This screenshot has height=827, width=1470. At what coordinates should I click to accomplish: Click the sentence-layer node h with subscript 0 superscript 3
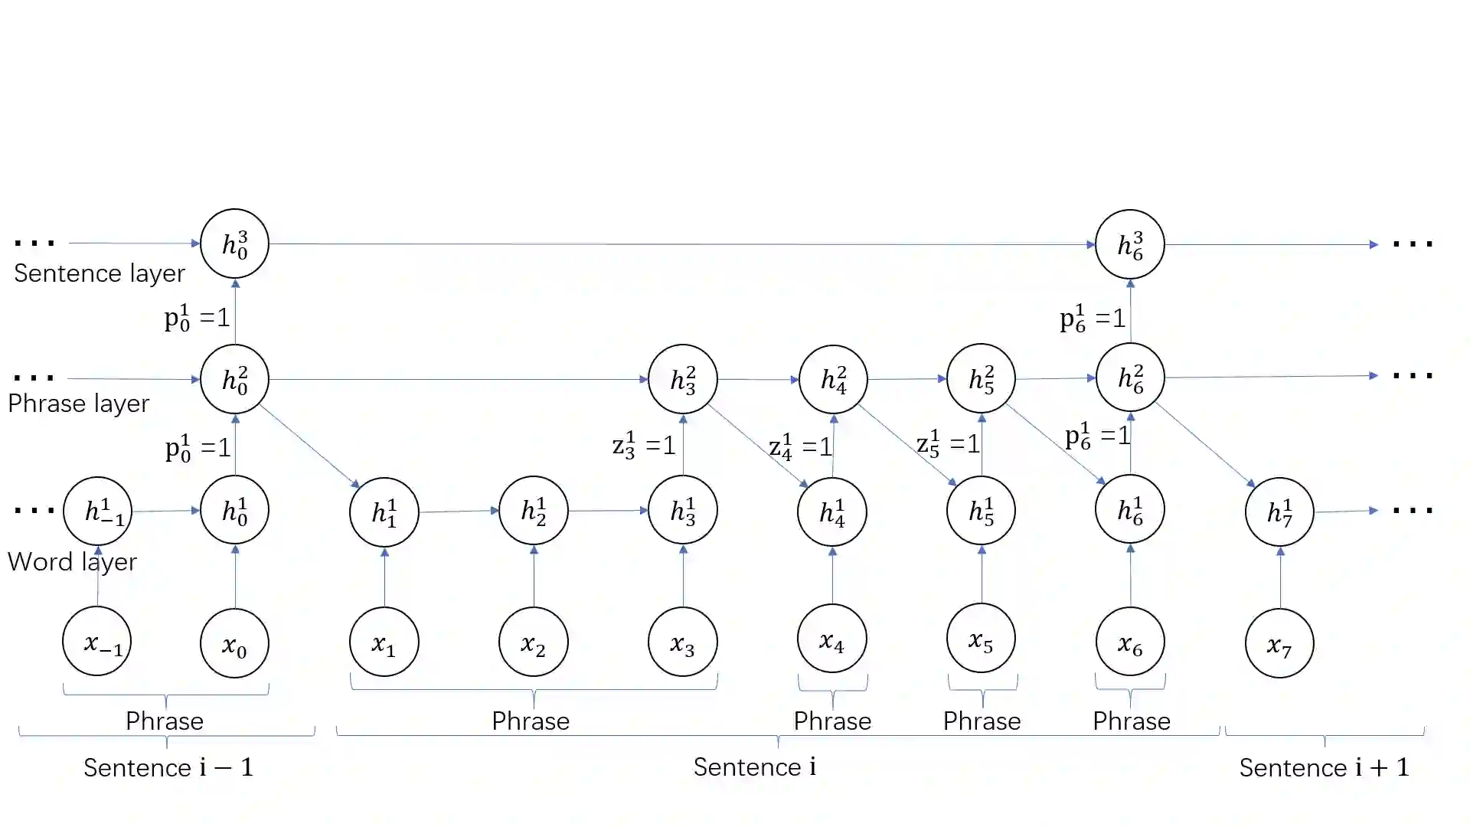[234, 244]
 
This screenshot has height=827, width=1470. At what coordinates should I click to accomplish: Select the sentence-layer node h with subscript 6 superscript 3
[1129, 244]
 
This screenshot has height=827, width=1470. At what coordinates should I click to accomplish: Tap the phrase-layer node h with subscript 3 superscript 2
[682, 379]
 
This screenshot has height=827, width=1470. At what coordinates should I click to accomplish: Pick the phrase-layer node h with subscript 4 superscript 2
[833, 379]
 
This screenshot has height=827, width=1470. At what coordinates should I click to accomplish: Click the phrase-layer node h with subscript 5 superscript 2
[981, 378]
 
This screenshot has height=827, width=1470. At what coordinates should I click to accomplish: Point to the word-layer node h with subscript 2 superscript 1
[533, 510]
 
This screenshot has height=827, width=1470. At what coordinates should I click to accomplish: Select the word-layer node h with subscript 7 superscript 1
[1279, 512]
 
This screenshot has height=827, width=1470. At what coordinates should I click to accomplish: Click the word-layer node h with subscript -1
[97, 512]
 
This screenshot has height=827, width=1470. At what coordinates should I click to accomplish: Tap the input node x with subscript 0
[234, 644]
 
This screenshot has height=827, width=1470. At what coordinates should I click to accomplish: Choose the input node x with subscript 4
[831, 639]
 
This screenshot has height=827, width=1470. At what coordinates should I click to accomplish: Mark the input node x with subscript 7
[1279, 644]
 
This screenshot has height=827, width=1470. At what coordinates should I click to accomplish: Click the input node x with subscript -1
[97, 642]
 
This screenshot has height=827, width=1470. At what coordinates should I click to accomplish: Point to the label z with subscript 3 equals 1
[644, 444]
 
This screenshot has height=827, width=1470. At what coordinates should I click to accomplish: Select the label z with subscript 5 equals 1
[948, 443]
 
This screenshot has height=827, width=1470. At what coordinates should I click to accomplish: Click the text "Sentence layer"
[100, 273]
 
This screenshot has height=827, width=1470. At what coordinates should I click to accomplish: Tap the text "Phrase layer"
[78, 404]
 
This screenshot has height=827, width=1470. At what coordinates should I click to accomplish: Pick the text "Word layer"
[72, 562]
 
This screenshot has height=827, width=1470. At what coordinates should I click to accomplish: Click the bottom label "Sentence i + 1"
[1324, 767]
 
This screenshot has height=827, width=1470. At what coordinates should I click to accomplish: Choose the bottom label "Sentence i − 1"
[168, 767]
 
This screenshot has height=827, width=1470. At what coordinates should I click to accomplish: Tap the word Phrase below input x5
[982, 721]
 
